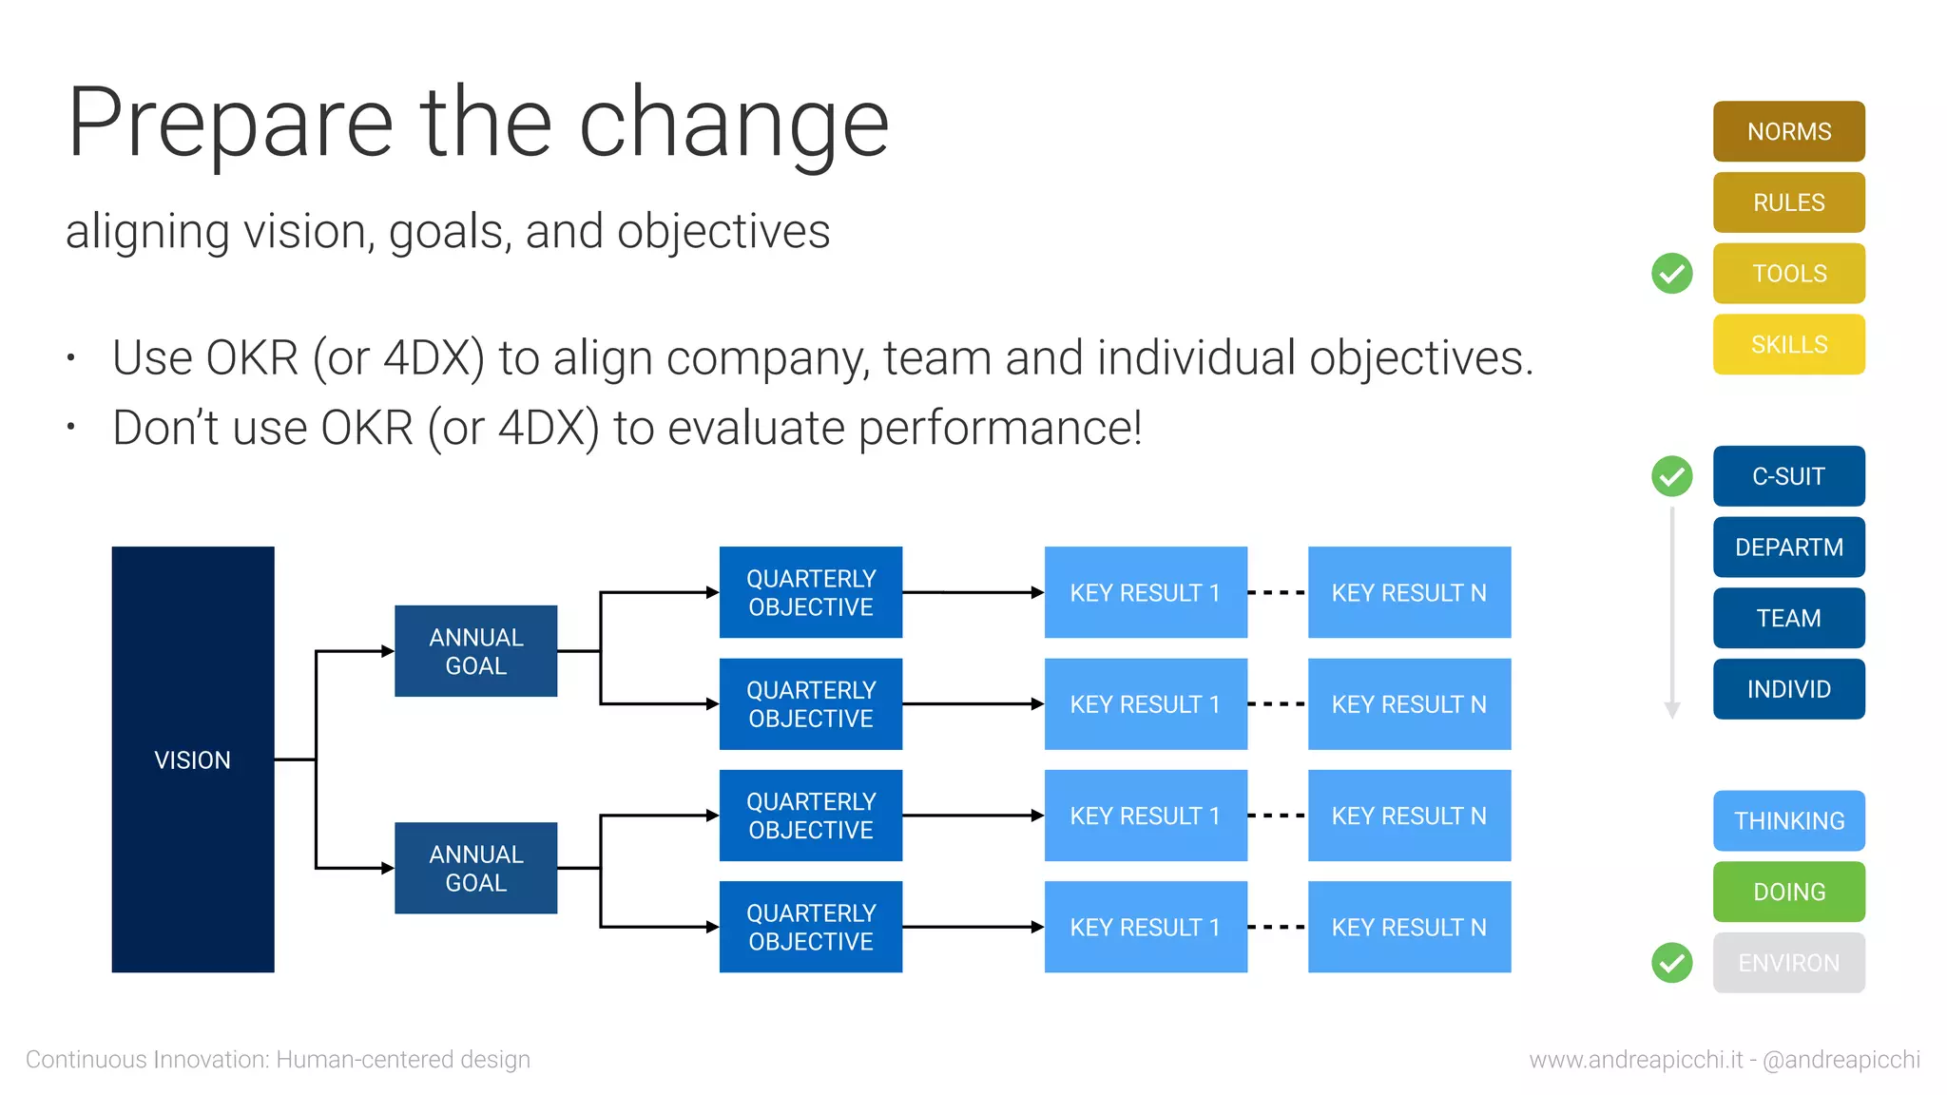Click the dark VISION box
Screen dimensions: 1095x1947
193,759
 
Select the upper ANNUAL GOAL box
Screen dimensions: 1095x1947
475,651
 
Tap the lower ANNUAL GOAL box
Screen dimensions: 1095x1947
475,868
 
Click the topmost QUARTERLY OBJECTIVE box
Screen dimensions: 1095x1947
810,592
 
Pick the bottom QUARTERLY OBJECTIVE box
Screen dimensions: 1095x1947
810,927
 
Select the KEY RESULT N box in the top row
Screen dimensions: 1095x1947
1409,592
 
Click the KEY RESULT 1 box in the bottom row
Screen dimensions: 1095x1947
1146,927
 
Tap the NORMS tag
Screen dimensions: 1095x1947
1788,131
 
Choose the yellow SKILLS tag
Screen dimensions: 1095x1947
1788,344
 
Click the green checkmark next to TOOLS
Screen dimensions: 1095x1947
1672,274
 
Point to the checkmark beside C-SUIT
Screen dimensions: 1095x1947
1672,476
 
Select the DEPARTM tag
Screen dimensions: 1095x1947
1788,547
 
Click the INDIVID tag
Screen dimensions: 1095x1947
1788,689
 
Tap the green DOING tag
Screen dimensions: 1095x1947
1788,892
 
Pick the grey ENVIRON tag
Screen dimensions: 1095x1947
1788,963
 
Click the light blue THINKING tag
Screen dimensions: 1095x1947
1788,820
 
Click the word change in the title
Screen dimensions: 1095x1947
733,124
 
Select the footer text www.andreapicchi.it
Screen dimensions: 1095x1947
1635,1059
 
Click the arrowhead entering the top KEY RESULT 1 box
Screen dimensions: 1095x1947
1037,592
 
